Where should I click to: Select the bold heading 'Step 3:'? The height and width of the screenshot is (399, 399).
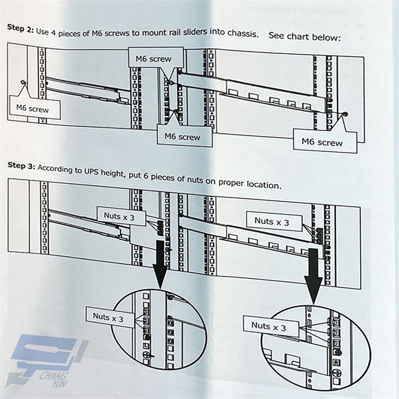click(21, 165)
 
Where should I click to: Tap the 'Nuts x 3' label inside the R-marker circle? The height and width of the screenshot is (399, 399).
click(268, 326)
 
